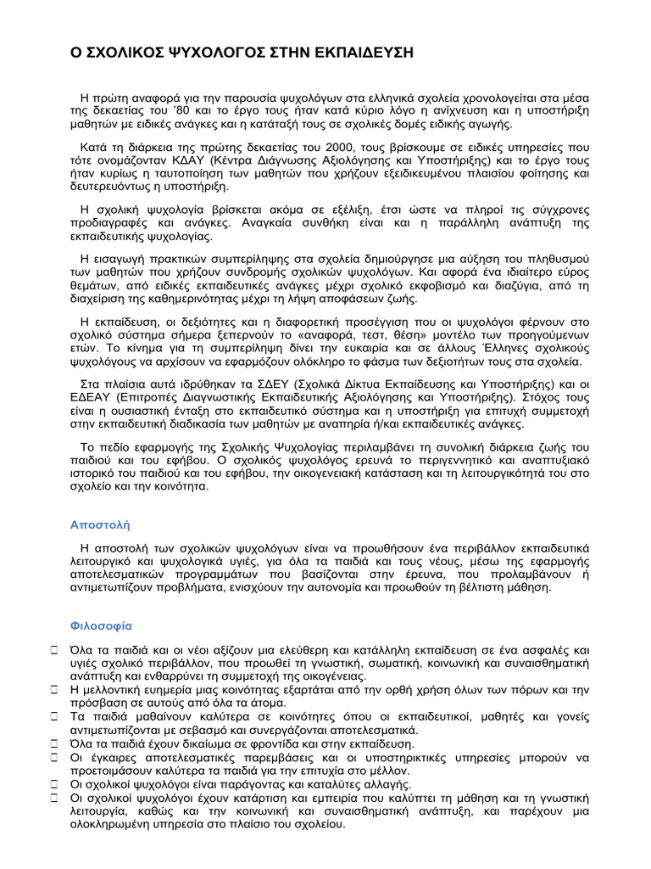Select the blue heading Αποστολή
tap(99, 525)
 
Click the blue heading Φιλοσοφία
tap(101, 626)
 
